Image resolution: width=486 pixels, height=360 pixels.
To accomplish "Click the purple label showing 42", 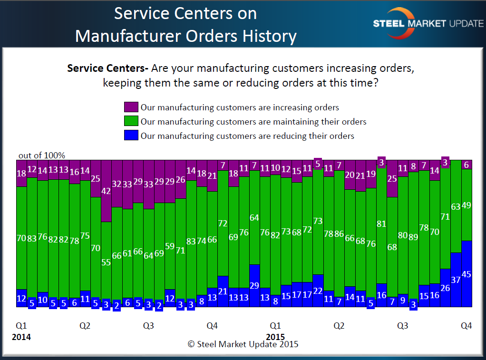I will coord(106,191).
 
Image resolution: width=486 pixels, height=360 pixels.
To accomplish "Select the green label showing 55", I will coord(106,263).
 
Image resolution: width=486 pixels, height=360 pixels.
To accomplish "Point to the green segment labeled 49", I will coord(467,205).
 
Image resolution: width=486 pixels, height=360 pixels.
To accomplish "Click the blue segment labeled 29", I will coord(254,285).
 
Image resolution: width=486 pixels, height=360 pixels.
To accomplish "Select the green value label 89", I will coord(413,237).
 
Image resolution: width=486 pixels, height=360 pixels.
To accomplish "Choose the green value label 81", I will coord(381,224).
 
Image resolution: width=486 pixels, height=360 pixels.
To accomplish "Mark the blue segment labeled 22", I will coord(318,291).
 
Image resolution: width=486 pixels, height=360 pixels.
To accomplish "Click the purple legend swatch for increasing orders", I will coord(131,107).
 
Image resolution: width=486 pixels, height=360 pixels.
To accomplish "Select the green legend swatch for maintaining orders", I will coord(131,121).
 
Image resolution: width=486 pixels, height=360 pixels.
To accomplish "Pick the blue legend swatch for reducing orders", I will coord(131,136).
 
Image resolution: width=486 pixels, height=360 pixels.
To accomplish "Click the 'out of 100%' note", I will coord(42,156).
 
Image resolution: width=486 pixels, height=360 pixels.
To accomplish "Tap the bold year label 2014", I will coord(21,337).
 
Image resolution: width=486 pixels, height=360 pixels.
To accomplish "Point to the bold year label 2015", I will coord(275,337).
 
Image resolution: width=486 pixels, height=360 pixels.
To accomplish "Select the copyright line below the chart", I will coord(243,344).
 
